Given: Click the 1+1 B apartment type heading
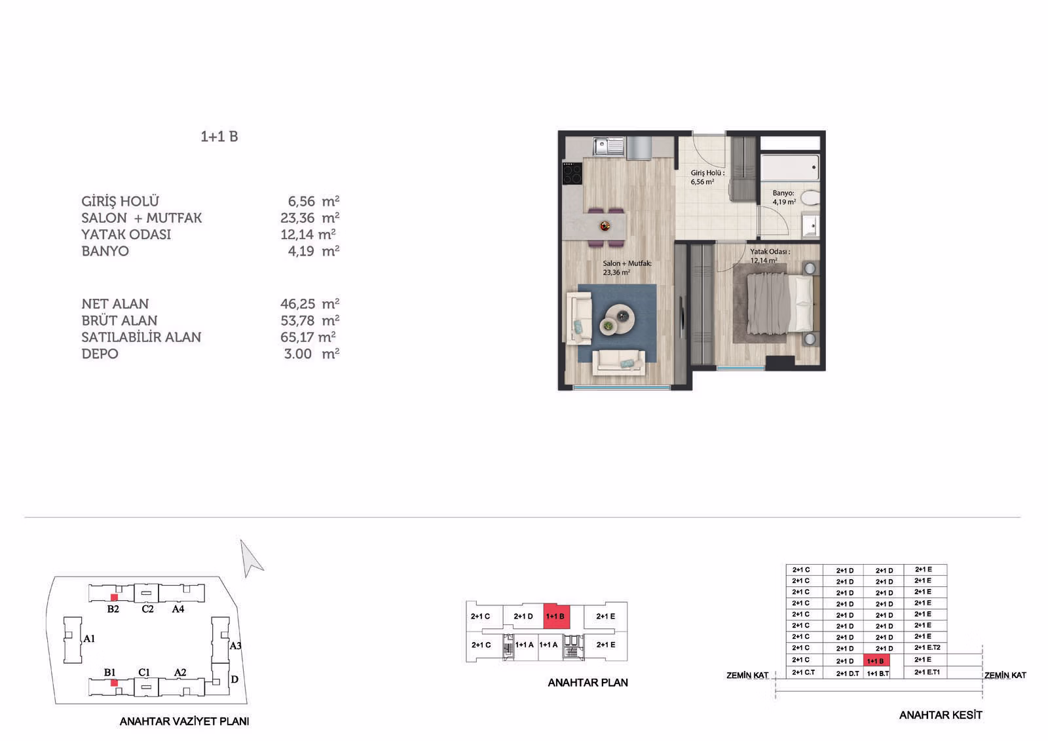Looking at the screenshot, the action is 219,137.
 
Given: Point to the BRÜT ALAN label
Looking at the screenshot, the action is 119,320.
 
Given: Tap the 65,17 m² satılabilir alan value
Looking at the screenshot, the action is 308,337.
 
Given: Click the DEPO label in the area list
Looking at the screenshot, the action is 100,354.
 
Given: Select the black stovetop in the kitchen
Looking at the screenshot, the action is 572,173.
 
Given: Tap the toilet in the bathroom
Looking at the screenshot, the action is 810,198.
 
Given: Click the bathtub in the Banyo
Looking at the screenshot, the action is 790,168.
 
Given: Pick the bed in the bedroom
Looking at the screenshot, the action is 781,304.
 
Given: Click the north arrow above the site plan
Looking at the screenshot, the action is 251,559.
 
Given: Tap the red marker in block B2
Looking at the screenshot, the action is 114,598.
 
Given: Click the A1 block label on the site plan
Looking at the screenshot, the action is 89,639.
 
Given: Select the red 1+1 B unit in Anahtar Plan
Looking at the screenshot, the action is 557,616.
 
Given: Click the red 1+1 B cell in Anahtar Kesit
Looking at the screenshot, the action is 876,660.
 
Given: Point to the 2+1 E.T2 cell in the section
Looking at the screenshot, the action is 927,648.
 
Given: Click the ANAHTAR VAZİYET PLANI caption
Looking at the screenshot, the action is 184,721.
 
